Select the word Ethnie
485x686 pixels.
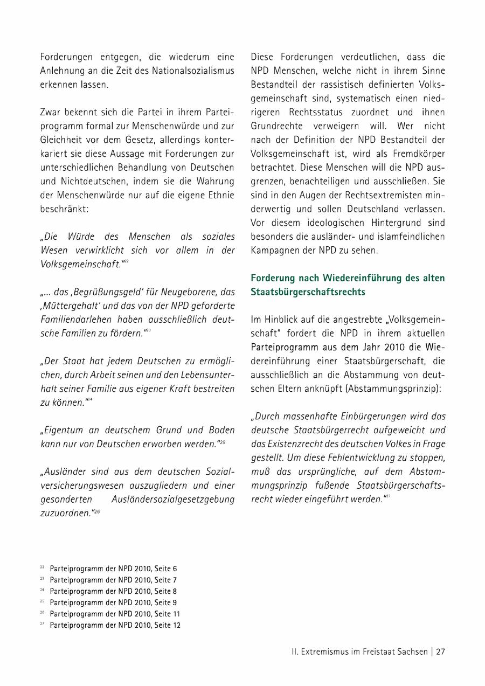[x=219, y=194]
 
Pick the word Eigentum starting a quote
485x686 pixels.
[x=63, y=430]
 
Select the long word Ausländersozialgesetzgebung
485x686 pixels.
[x=173, y=499]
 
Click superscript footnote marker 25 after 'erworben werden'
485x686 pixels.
[x=223, y=442]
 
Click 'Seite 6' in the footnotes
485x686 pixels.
[x=167, y=569]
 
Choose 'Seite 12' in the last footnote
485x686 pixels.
[x=168, y=625]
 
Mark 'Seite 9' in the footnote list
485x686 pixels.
[x=167, y=602]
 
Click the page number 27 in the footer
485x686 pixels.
[x=440, y=651]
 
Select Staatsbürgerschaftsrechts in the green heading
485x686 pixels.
[x=308, y=292]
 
